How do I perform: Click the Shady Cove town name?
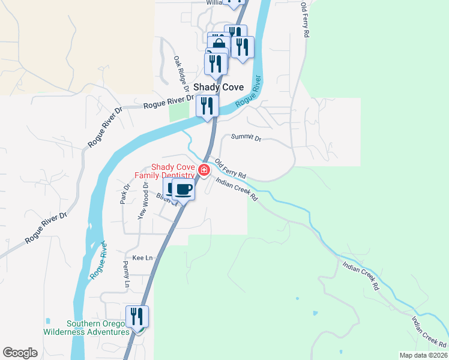click(218, 87)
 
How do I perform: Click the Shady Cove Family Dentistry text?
click(172, 171)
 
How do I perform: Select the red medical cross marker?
click(204, 171)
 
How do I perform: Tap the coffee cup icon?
click(183, 190)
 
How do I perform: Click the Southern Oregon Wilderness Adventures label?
click(86, 328)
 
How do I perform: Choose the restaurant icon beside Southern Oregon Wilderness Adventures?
click(137, 316)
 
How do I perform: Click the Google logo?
click(20, 353)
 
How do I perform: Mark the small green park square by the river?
click(178, 112)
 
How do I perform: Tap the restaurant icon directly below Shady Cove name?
click(206, 107)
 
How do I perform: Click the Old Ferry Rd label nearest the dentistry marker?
click(231, 168)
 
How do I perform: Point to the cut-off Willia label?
click(214, 2)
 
